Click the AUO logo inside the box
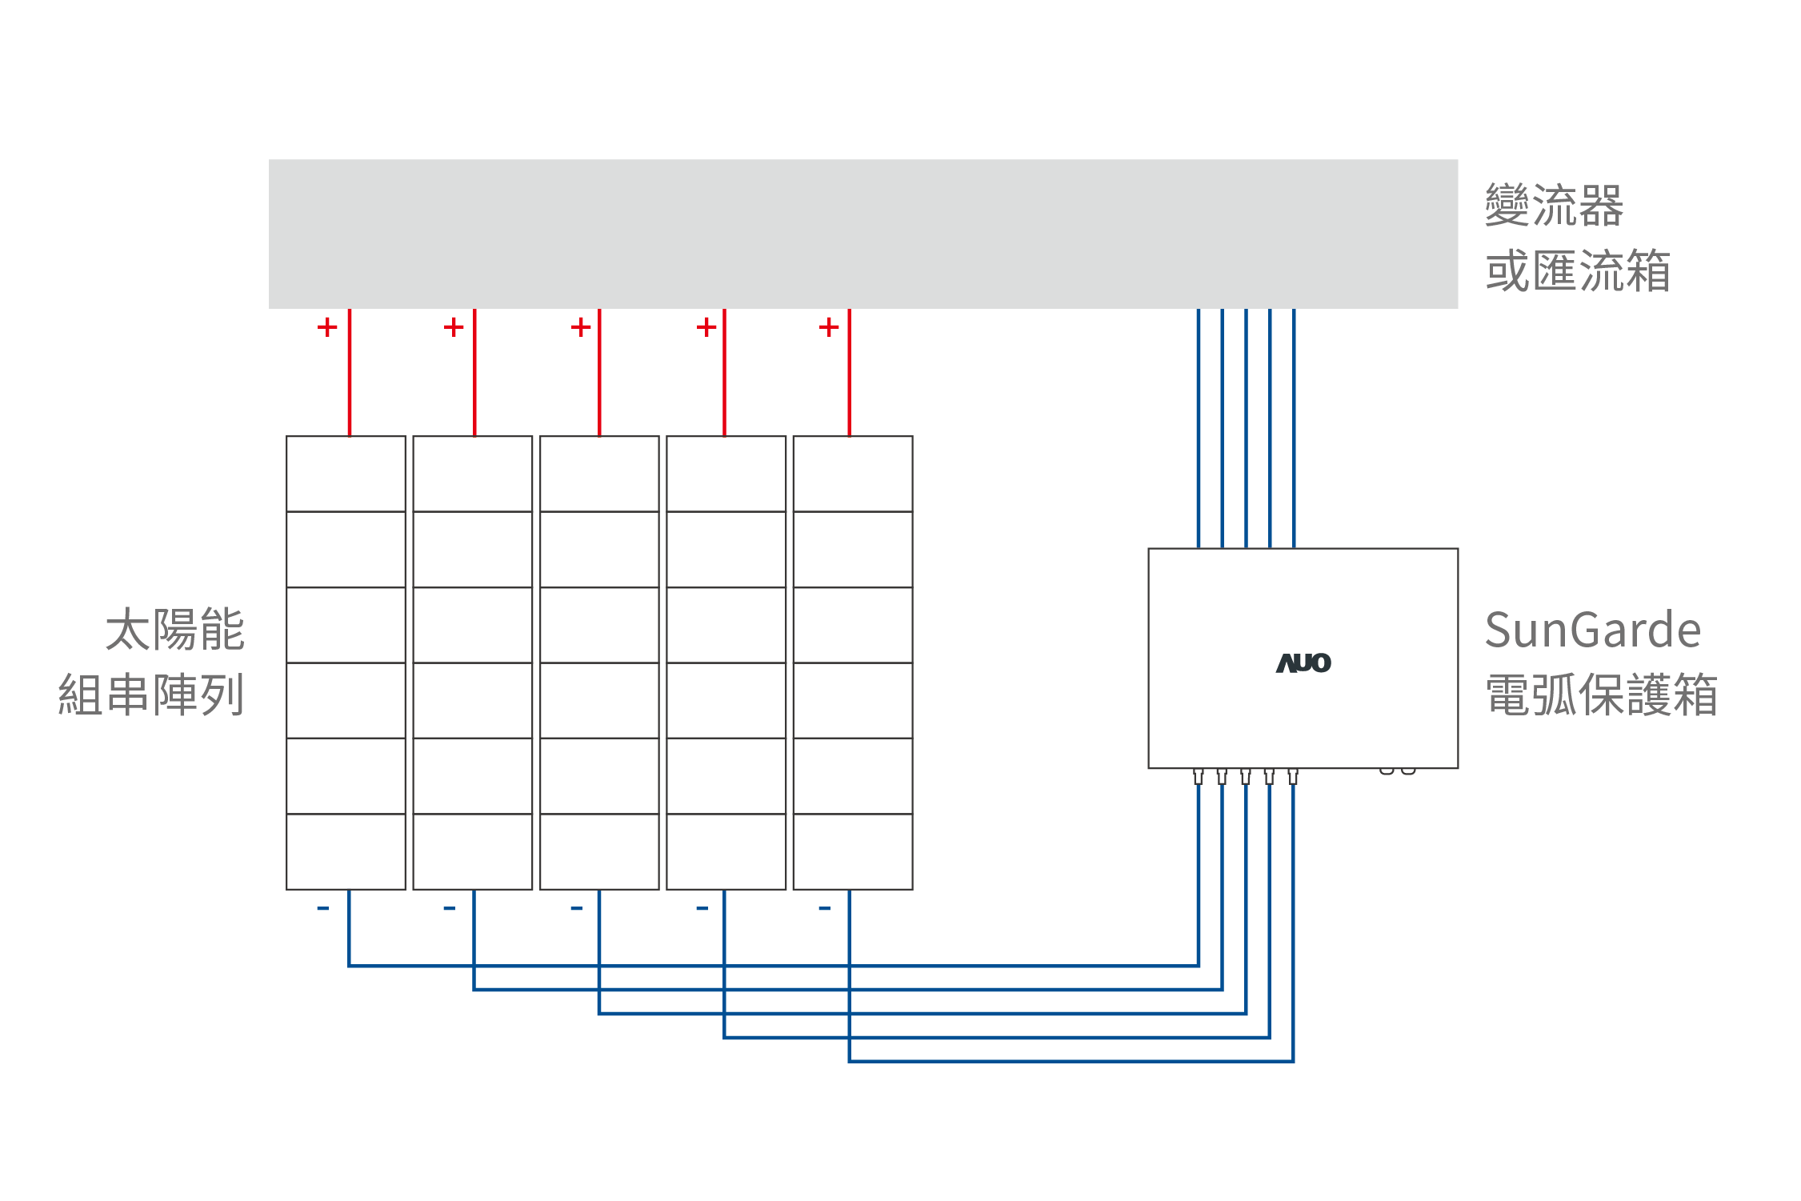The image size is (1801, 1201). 1303,663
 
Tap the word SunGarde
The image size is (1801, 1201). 1592,630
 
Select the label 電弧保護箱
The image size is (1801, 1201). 1601,695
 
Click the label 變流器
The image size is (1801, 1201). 1554,206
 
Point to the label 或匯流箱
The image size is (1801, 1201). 1578,271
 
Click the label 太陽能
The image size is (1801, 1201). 174,630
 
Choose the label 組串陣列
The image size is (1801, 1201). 151,695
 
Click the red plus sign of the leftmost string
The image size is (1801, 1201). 327,326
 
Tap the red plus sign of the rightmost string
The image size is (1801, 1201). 829,326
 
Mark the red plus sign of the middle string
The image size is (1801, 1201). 581,326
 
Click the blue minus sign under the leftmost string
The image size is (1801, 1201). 322,908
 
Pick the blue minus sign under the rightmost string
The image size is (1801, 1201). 824,908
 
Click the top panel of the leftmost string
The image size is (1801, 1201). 346,474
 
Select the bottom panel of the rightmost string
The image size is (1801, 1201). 852,851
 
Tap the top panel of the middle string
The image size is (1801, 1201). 599,474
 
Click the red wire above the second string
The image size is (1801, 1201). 474,372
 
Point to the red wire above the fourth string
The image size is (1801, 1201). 724,372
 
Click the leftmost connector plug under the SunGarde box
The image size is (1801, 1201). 1198,776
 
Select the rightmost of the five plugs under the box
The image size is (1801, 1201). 1293,776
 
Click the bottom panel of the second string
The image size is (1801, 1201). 472,851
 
